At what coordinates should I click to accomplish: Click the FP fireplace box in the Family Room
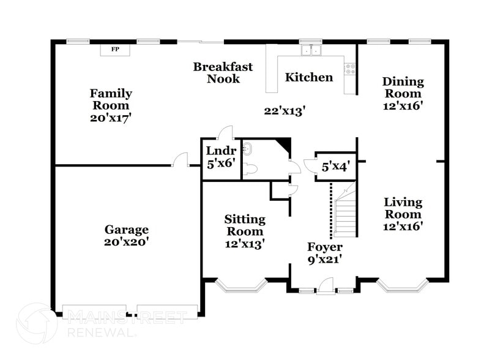(x=114, y=49)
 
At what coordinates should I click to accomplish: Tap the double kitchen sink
(x=311, y=50)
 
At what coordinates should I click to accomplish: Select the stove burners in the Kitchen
(x=351, y=69)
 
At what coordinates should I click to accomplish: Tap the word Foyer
(x=324, y=247)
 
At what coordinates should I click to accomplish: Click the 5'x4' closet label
(x=335, y=167)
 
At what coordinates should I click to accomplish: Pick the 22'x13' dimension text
(x=285, y=111)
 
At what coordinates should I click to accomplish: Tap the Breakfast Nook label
(x=222, y=72)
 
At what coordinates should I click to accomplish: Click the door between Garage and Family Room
(x=181, y=160)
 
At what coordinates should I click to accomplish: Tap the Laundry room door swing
(x=226, y=132)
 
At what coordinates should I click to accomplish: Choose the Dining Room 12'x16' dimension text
(x=403, y=105)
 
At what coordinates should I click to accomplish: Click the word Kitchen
(x=309, y=78)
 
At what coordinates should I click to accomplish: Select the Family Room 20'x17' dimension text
(x=111, y=117)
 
